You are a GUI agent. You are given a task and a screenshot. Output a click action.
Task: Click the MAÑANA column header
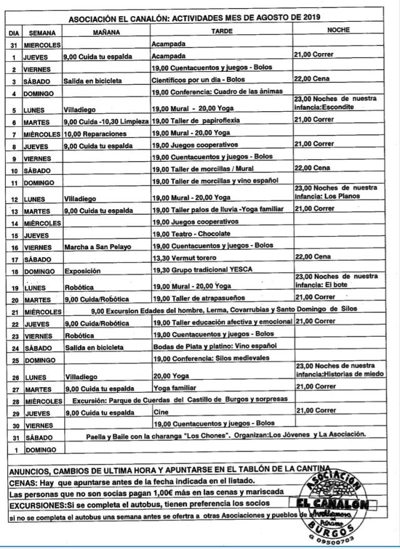(106, 31)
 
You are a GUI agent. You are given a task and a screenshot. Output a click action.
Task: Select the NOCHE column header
(338, 31)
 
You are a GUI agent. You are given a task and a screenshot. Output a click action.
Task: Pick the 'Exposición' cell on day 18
(82, 270)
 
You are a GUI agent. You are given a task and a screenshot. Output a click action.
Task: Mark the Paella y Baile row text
(226, 436)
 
